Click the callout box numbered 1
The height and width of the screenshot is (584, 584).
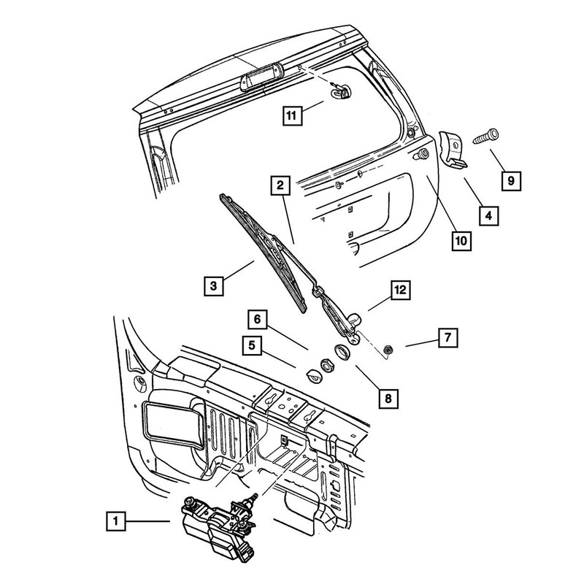click(115, 522)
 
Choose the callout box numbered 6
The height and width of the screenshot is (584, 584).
click(258, 319)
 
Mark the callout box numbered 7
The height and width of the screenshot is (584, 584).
click(446, 337)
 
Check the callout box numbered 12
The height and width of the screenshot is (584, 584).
click(401, 290)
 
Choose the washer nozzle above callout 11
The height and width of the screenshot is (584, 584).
click(341, 91)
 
